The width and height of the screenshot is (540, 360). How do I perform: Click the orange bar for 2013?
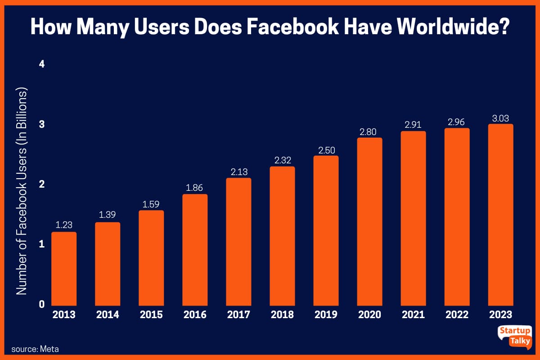coord(64,268)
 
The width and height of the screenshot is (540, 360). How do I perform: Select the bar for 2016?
coord(195,249)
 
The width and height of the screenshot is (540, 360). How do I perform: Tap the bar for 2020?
coord(369,221)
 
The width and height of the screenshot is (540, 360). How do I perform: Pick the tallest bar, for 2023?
coord(500,214)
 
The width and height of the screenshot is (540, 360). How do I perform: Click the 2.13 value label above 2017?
coord(238,172)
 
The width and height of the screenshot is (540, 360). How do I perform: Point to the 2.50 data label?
coord(326,150)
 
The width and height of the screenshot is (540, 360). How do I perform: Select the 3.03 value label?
coord(500,118)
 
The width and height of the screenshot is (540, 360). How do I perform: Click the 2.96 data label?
coord(457,122)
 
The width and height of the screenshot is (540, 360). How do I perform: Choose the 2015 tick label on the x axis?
coord(151,315)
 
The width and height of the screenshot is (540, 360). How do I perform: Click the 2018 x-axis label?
coord(282,315)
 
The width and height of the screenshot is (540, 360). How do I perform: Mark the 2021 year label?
coord(413,315)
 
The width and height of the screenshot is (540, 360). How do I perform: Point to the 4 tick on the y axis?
coord(42,64)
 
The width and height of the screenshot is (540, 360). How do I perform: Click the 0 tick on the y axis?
coord(42,304)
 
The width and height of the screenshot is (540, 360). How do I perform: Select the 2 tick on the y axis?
coord(42,184)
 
